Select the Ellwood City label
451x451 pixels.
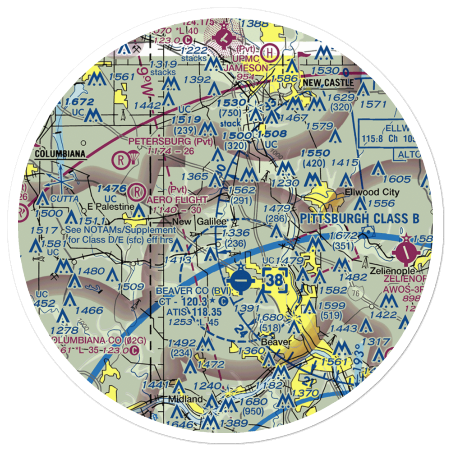click(x=372, y=192)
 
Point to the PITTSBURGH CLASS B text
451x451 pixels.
click(x=359, y=219)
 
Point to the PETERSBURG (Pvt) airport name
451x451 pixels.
click(x=170, y=141)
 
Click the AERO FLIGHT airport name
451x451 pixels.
click(x=177, y=199)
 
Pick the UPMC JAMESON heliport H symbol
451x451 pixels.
click(x=270, y=52)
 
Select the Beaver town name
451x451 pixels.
click(x=276, y=342)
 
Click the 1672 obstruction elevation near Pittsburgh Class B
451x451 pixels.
click(x=344, y=236)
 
